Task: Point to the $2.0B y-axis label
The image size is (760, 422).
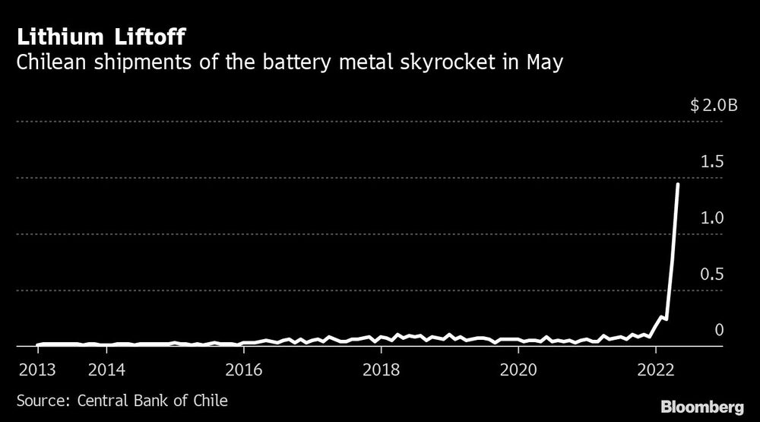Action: click(714, 106)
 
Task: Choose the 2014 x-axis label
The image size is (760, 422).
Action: click(106, 370)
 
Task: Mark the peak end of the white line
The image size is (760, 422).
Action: click(678, 185)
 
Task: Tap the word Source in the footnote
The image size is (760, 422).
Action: click(38, 400)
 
